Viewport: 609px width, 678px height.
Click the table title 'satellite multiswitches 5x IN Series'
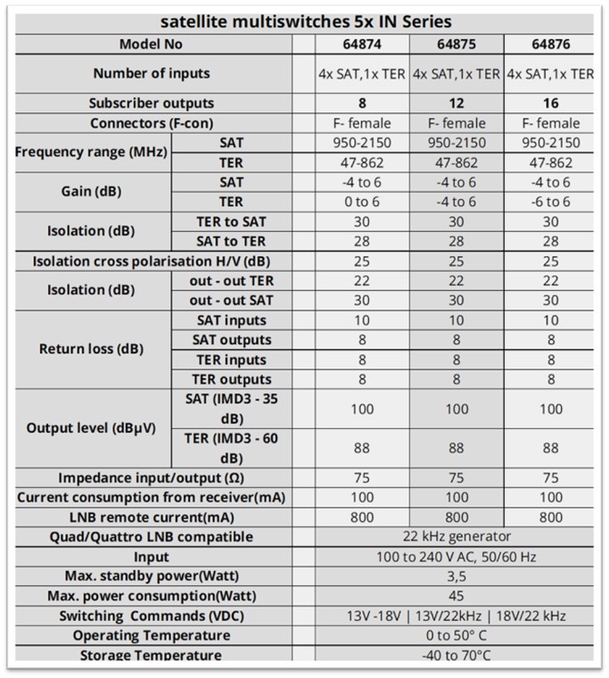[303, 21]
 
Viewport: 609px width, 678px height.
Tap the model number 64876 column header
[550, 44]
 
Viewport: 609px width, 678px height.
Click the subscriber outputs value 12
[457, 103]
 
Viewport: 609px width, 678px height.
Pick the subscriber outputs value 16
[550, 103]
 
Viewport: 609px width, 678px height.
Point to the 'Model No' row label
[152, 44]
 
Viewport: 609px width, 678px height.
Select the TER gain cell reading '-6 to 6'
[550, 202]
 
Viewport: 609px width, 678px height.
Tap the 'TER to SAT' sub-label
[229, 221]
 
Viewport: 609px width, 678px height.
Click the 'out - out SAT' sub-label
[229, 301]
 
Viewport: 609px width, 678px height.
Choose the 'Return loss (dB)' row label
[91, 349]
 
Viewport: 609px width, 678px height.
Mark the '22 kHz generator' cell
[457, 536]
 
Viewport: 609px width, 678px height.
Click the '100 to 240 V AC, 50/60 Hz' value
[457, 557]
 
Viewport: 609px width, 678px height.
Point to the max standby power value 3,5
[457, 576]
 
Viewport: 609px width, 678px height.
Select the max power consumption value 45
[457, 596]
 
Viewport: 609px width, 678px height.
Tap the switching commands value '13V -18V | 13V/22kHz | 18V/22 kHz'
[457, 616]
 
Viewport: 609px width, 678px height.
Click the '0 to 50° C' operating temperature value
[457, 635]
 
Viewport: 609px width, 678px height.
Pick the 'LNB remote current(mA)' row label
[152, 517]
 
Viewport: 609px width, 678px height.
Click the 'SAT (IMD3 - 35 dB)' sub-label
[229, 408]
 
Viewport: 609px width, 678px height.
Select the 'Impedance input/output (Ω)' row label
[152, 477]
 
